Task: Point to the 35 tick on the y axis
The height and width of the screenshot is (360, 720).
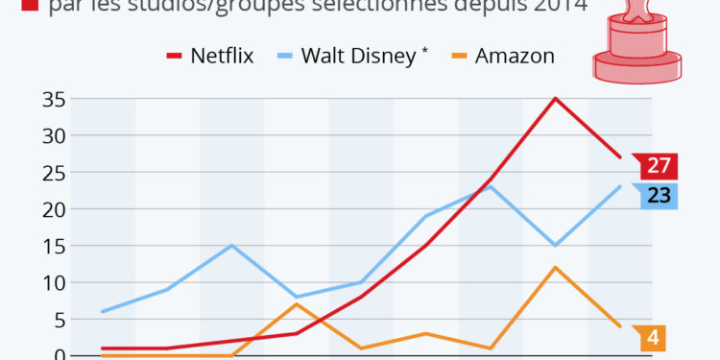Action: click(53, 99)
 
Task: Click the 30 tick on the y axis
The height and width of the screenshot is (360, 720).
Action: click(53, 135)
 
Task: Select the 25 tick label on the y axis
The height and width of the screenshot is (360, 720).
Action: click(53, 173)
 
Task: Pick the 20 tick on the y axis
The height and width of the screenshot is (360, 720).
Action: click(53, 209)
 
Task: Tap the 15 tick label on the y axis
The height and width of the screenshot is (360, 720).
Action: click(53, 246)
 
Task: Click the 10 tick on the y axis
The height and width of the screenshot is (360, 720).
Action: click(53, 283)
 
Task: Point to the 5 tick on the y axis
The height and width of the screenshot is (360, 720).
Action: click(58, 320)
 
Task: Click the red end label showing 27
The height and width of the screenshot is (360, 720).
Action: click(658, 165)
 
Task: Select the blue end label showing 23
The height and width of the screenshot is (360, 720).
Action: click(658, 195)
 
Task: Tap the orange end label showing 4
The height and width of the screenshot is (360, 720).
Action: click(652, 338)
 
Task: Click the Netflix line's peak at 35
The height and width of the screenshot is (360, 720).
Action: click(555, 98)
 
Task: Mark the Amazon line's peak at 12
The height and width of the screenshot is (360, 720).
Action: click(555, 267)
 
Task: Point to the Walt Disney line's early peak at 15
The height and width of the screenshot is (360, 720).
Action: click(232, 245)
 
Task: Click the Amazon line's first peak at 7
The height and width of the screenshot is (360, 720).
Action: click(297, 304)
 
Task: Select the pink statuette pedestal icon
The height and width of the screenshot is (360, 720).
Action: click(636, 43)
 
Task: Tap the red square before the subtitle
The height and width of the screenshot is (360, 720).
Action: click(27, 8)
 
